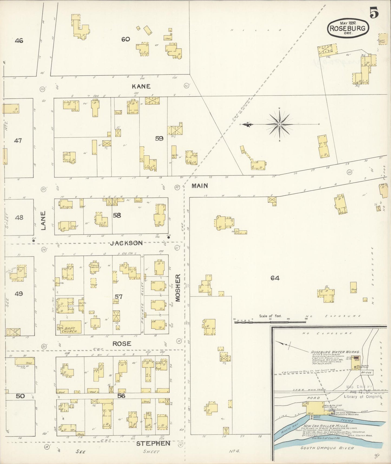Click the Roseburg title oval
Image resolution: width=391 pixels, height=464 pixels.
(x=348, y=28)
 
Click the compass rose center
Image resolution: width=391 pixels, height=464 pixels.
(x=279, y=124)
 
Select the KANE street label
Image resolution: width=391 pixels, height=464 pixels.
(x=141, y=86)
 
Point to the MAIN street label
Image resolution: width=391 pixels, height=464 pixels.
(x=200, y=186)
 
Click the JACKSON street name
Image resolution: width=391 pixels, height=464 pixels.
(x=126, y=243)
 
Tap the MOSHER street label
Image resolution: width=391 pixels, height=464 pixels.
(x=178, y=287)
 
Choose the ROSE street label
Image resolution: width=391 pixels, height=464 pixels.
(x=122, y=344)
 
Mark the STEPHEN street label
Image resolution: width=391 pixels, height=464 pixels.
(x=153, y=443)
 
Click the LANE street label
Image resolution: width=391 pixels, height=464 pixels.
(x=43, y=221)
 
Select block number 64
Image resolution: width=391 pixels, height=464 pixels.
(x=275, y=278)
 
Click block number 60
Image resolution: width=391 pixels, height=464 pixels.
(x=126, y=39)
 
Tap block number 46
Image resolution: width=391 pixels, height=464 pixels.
(x=19, y=41)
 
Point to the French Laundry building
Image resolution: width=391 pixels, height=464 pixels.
(x=95, y=266)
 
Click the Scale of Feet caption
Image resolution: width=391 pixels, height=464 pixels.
(x=270, y=316)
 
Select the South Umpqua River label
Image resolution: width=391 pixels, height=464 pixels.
(x=327, y=448)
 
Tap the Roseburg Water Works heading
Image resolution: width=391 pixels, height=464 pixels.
(x=332, y=352)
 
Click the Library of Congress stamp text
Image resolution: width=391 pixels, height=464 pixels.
(x=362, y=397)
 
